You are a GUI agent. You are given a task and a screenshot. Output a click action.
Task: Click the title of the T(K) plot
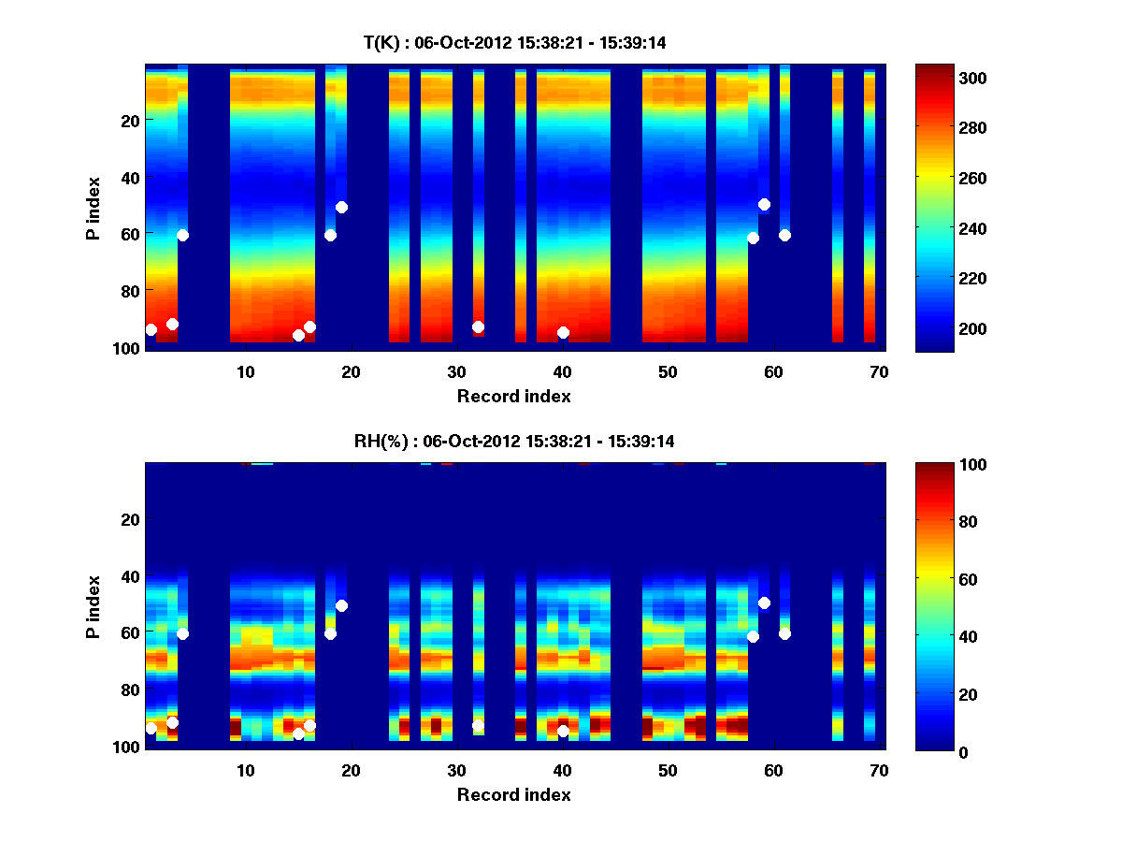[513, 42]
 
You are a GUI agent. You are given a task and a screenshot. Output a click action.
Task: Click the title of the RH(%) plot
[513, 441]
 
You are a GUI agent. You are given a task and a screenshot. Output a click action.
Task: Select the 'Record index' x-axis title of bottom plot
[513, 794]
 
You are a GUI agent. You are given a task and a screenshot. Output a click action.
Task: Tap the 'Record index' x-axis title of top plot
[513, 396]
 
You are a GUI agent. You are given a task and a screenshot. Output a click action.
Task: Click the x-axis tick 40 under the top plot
[562, 371]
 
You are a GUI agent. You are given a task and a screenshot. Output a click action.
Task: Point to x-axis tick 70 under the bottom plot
[879, 770]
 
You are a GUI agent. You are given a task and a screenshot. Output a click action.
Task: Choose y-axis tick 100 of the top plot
[127, 348]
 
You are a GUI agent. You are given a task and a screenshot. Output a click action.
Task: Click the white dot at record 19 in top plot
[341, 207]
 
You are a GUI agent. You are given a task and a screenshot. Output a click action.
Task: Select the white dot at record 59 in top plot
[764, 204]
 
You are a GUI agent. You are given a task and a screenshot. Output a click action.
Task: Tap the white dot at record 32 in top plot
[478, 327]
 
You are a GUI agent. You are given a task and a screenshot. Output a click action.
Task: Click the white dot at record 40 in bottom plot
[563, 731]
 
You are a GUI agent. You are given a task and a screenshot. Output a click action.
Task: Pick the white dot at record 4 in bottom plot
[182, 633]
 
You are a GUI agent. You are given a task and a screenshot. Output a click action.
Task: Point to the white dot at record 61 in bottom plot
[784, 633]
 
